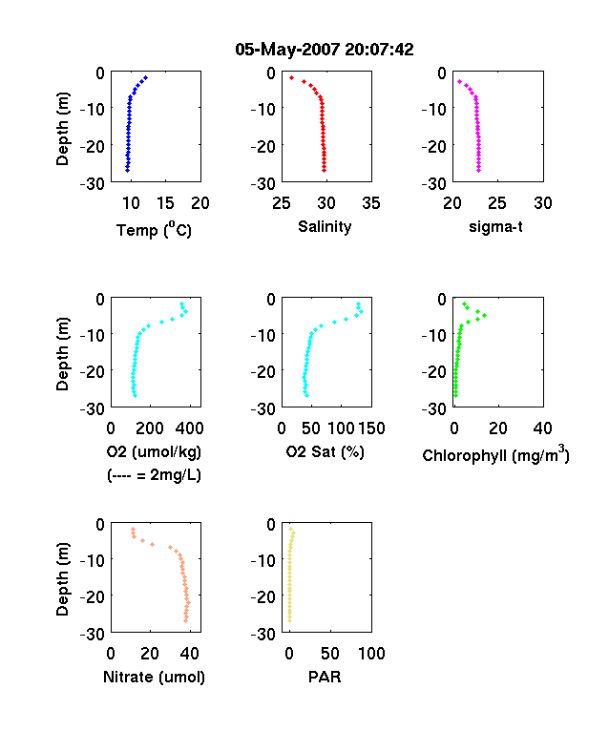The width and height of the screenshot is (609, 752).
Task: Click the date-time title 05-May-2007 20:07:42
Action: (x=325, y=50)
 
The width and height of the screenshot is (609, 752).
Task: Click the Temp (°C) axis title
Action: (x=154, y=230)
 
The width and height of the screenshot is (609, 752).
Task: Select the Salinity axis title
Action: (x=325, y=227)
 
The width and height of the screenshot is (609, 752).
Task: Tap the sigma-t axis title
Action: (x=495, y=227)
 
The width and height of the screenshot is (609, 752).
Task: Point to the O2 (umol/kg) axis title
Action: (x=154, y=452)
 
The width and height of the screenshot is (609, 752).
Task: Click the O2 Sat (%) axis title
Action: (x=325, y=452)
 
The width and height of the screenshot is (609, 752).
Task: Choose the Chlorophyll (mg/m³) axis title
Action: (x=495, y=453)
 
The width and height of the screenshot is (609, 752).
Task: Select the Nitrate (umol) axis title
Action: (x=154, y=678)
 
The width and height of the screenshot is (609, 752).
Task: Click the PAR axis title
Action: (x=325, y=678)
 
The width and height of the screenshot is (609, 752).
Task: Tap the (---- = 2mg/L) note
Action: (x=154, y=475)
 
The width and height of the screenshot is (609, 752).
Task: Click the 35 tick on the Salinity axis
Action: (x=371, y=203)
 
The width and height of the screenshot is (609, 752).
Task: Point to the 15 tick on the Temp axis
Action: (x=165, y=203)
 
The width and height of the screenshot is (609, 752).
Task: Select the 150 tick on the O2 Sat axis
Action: (x=371, y=428)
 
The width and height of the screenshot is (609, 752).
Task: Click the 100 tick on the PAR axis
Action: (x=371, y=653)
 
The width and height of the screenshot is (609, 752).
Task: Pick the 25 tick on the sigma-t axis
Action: (x=497, y=203)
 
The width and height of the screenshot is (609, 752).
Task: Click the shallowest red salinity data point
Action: (x=291, y=77)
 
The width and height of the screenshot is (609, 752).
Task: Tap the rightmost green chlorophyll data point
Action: (x=484, y=315)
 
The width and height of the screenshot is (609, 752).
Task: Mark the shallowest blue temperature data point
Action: (x=146, y=77)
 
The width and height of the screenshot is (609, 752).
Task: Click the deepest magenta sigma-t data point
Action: (x=478, y=170)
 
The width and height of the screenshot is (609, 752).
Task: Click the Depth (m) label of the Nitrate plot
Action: (x=62, y=579)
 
